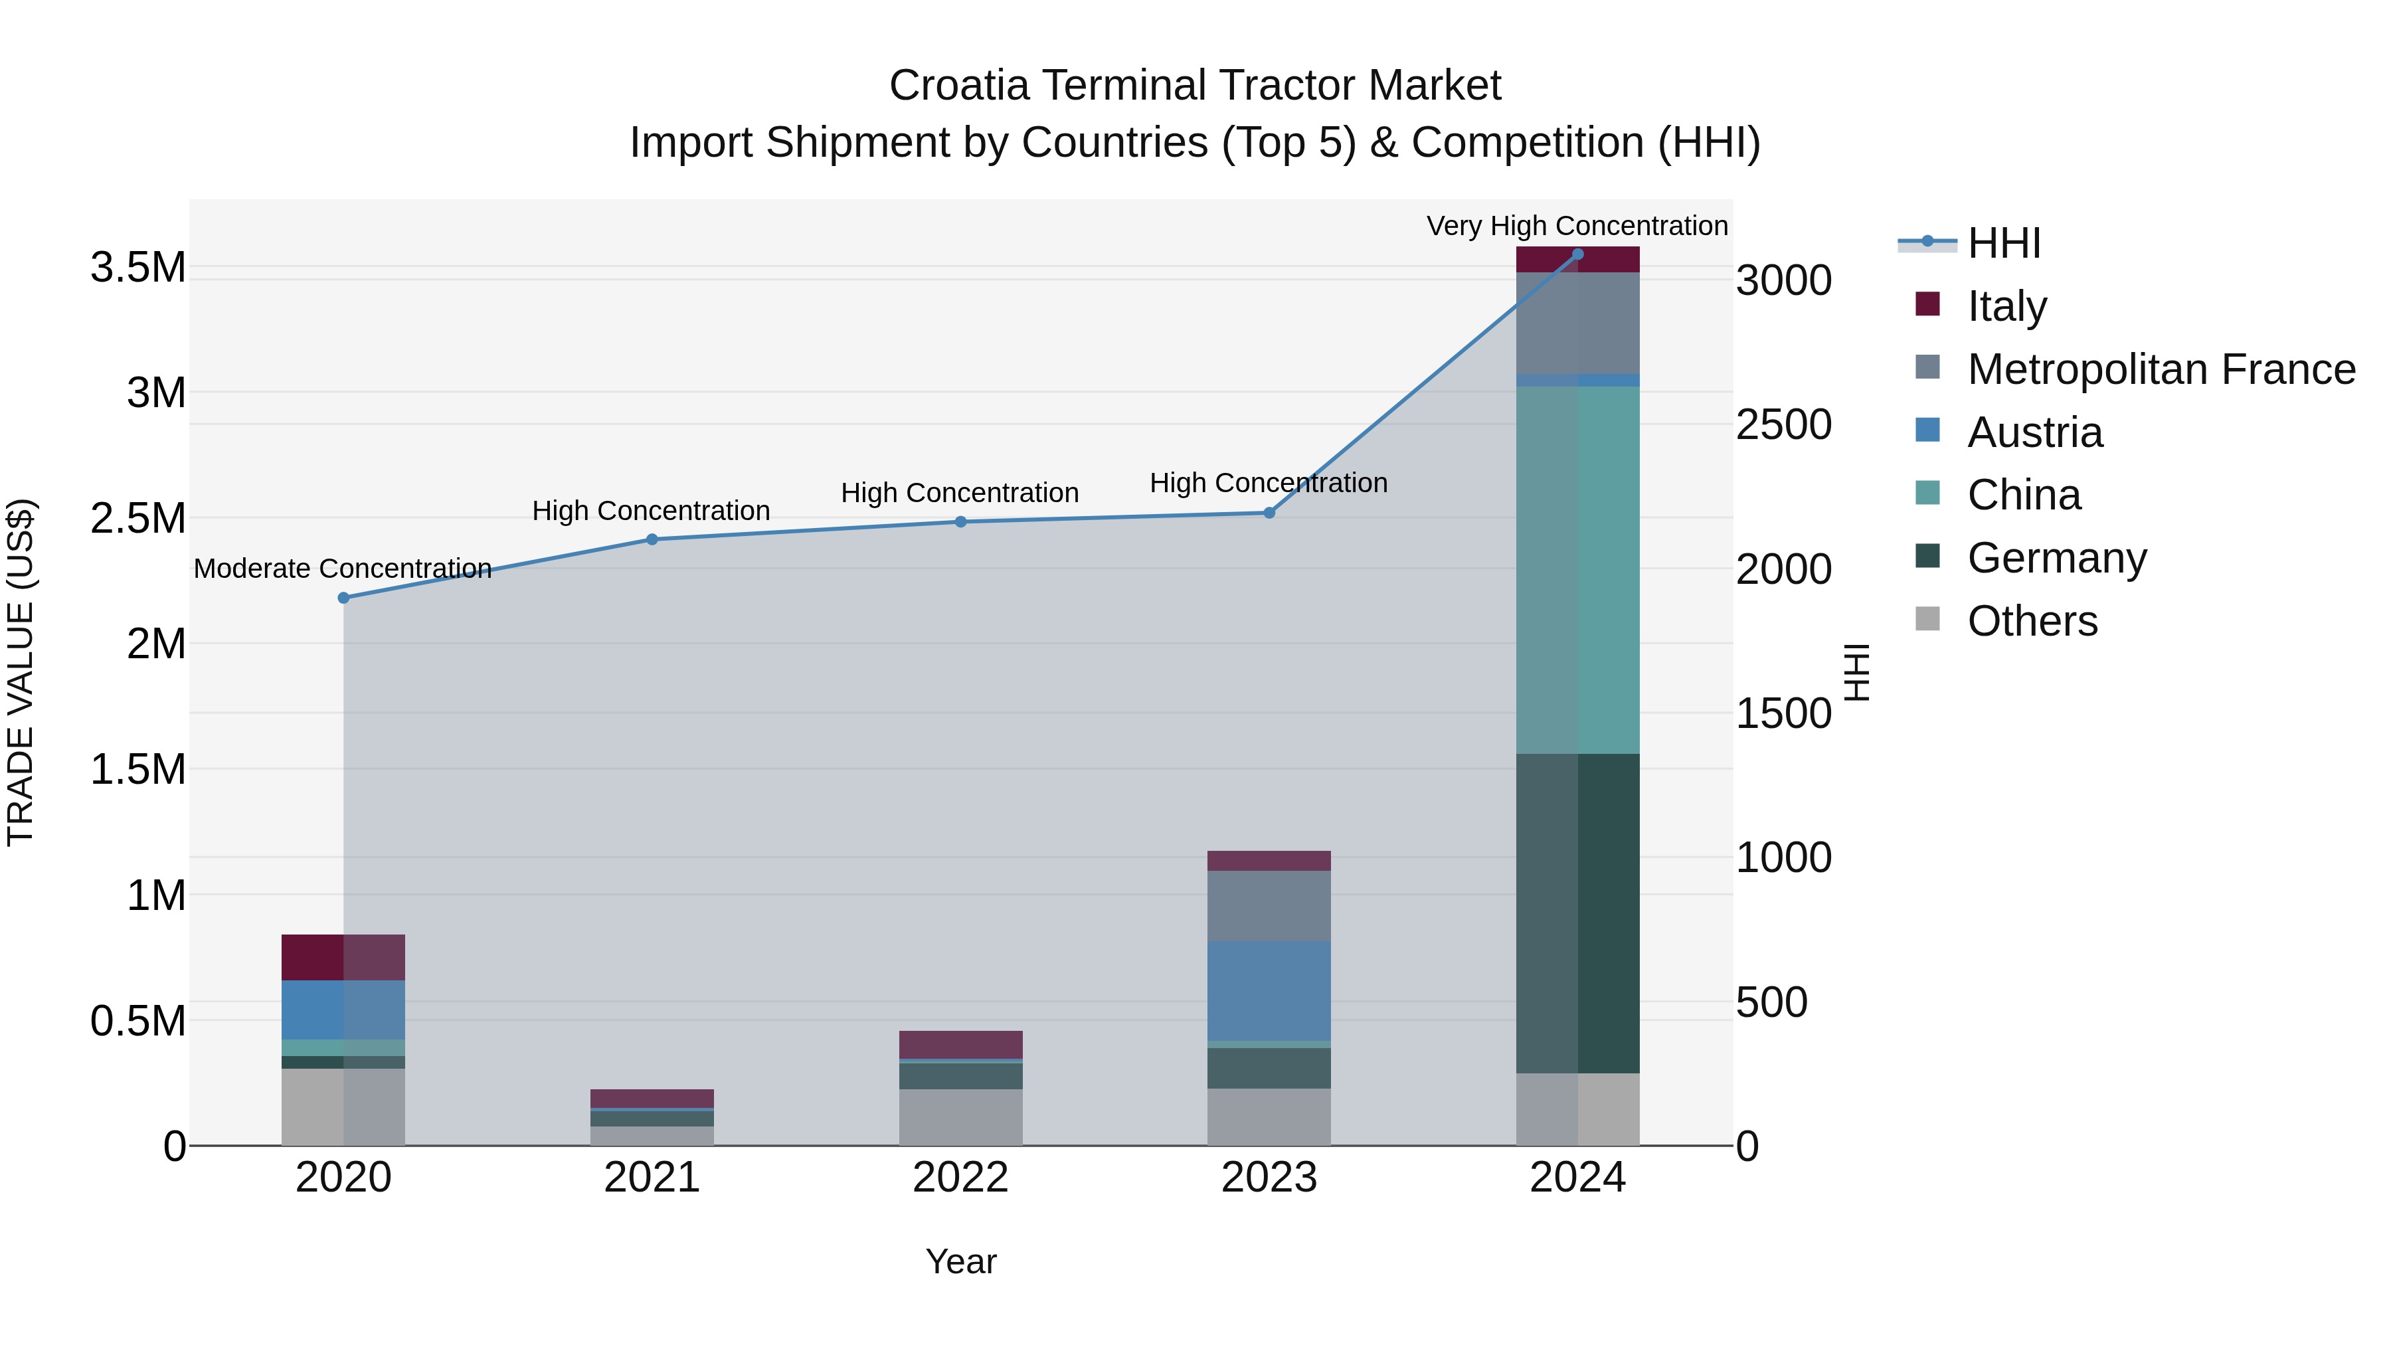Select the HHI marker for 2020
[x=343, y=598]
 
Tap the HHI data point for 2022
[x=960, y=521]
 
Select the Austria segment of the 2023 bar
[x=1269, y=990]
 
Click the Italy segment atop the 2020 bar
[x=343, y=957]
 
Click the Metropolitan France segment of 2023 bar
[x=1269, y=905]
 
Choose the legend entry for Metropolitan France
[x=2161, y=369]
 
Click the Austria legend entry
[x=2034, y=432]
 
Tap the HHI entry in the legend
[x=2003, y=243]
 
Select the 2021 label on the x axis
[x=652, y=1178]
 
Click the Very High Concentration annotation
[x=1576, y=226]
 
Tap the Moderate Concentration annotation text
[x=343, y=568]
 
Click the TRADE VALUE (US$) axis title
[x=21, y=672]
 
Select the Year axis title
[x=960, y=1261]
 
